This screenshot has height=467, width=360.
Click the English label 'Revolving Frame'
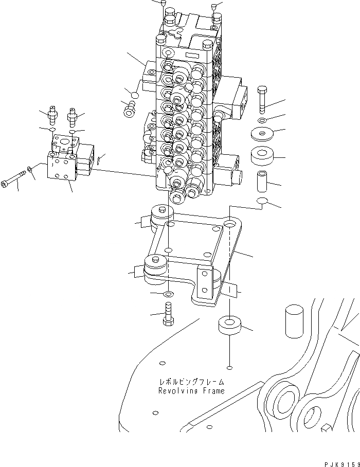click(191, 391)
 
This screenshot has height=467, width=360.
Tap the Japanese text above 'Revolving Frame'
click(191, 383)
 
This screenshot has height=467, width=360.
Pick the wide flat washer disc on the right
click(263, 135)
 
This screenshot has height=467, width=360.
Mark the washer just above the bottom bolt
click(168, 294)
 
